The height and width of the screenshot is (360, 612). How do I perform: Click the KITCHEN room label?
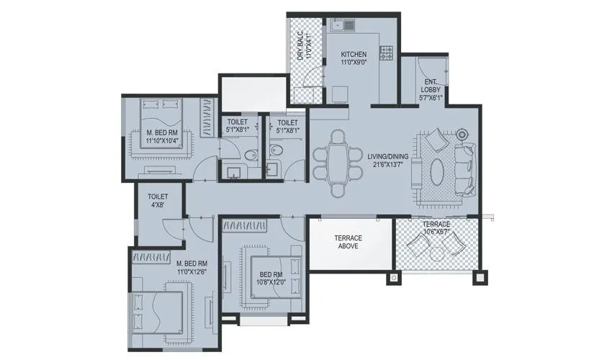354,55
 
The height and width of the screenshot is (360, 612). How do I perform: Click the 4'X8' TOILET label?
158,196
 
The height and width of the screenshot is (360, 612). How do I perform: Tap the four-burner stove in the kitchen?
386,53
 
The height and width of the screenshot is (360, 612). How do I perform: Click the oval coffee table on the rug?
437,171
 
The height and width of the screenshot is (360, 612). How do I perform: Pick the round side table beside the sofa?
462,134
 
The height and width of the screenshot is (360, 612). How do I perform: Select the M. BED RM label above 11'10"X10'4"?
162,132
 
